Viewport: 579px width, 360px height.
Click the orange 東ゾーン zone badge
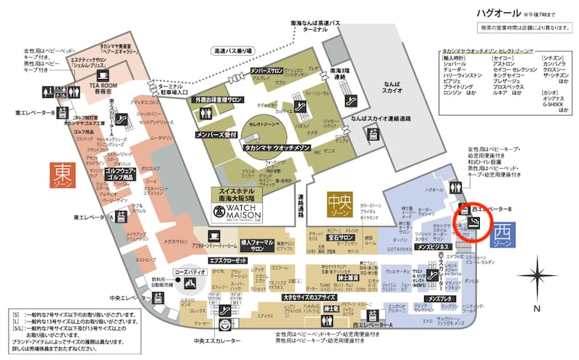[62, 177]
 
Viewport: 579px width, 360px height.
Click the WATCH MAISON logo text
[232, 210]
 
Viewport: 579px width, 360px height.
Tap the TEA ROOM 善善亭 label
[101, 88]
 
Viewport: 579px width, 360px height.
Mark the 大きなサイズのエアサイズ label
[308, 297]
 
